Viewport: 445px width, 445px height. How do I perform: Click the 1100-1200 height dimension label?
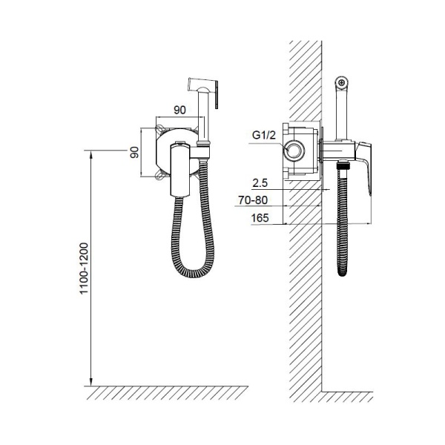(x=85, y=268)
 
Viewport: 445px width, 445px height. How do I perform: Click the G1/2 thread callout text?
(x=263, y=136)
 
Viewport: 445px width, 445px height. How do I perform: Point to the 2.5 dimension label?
(x=260, y=183)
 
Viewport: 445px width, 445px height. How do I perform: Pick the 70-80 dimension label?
(x=253, y=200)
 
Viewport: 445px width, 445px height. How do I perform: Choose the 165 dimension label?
(x=260, y=218)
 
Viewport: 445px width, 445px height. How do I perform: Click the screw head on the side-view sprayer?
(x=341, y=82)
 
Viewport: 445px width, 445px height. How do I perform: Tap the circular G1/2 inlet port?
(x=294, y=150)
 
